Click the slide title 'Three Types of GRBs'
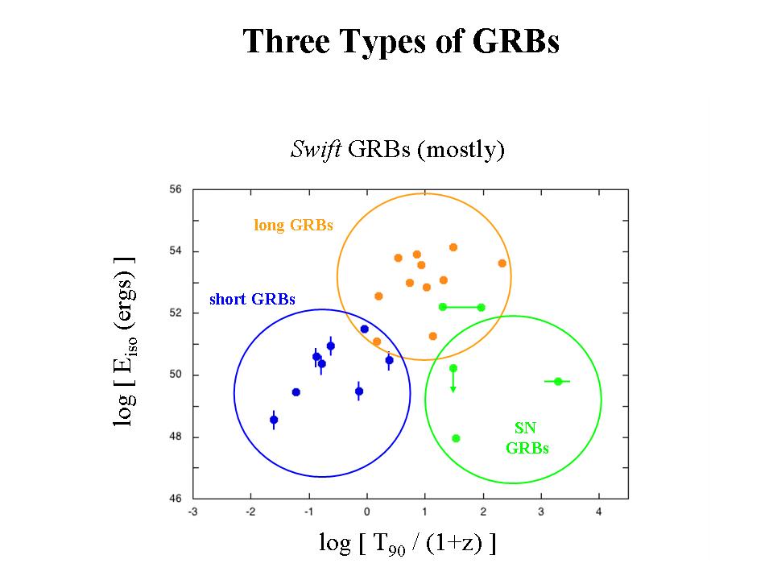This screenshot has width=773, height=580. pyautogui.click(x=401, y=42)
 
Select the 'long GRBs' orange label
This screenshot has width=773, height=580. pyautogui.click(x=293, y=226)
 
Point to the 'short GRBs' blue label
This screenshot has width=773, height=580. pyautogui.click(x=252, y=299)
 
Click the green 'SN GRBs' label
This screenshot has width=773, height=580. pyautogui.click(x=527, y=439)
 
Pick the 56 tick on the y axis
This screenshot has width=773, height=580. pyautogui.click(x=176, y=190)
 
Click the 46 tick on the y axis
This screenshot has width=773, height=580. pyautogui.click(x=176, y=499)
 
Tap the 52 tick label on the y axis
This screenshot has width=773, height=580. pyautogui.click(x=176, y=313)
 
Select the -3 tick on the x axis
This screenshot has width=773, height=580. pyautogui.click(x=193, y=512)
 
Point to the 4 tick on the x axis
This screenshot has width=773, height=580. pyautogui.click(x=599, y=512)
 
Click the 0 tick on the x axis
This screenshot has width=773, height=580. pyautogui.click(x=367, y=512)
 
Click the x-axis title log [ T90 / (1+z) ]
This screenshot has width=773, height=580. pyautogui.click(x=407, y=545)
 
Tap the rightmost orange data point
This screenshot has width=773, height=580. pyautogui.click(x=502, y=263)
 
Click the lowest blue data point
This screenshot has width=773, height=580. pyautogui.click(x=274, y=420)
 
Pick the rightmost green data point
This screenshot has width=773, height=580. pyautogui.click(x=558, y=381)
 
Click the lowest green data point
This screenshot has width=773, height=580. pyautogui.click(x=456, y=438)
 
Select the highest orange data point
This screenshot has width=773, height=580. pyautogui.click(x=453, y=247)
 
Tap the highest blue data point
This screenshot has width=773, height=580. pyautogui.click(x=364, y=329)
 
